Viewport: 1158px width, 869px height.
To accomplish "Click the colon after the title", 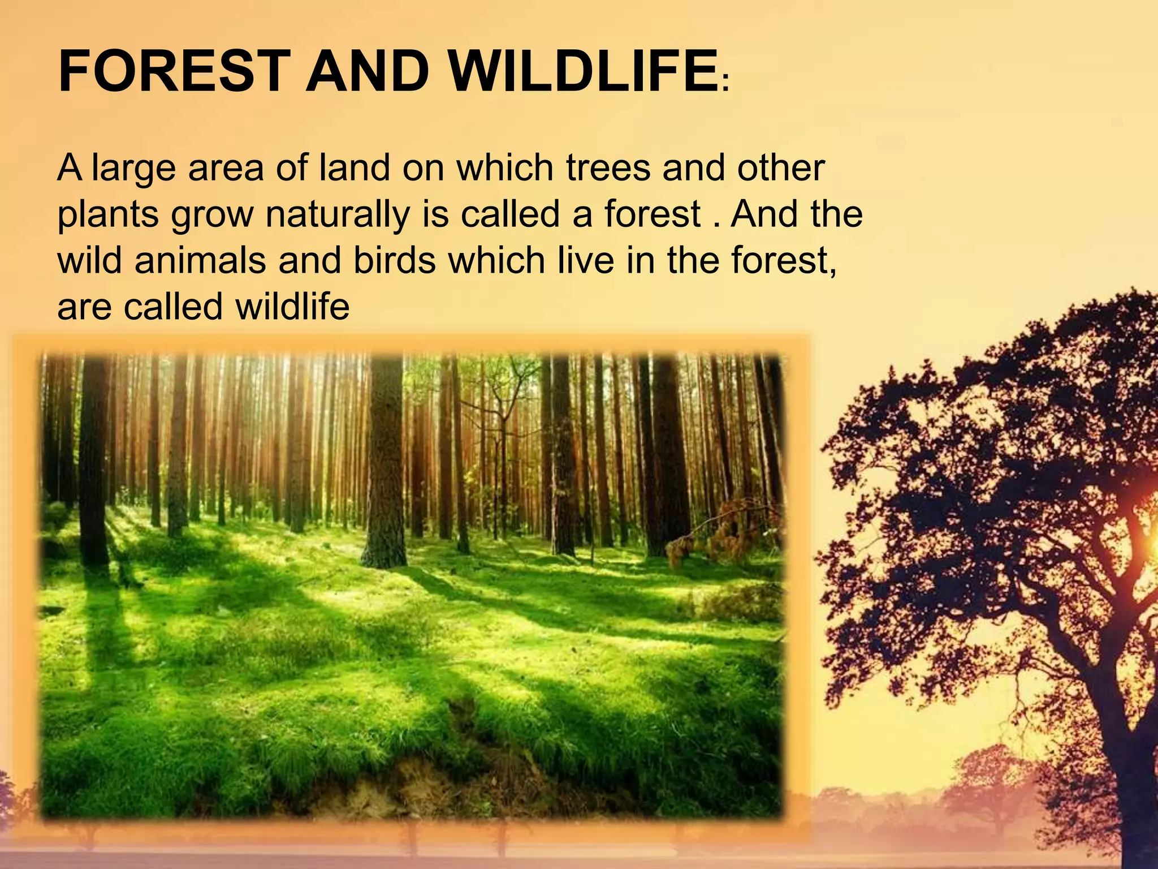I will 725,86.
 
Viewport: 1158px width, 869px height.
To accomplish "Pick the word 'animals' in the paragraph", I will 200,261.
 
